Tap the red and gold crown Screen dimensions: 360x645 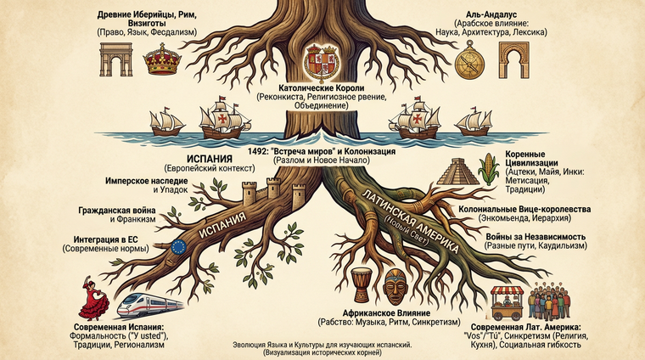[161, 61]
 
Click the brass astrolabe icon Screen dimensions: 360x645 [468, 62]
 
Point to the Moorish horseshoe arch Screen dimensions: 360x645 [513, 61]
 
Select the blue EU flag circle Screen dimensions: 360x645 [178, 246]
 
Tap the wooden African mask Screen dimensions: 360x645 [395, 287]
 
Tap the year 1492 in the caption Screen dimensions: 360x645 [257, 150]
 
